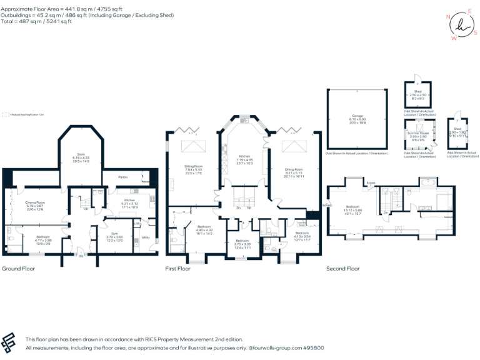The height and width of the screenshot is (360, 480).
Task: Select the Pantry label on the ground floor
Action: [x=122, y=177]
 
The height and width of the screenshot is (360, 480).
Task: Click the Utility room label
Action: [x=145, y=237]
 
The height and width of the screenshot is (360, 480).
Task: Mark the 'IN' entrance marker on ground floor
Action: [x=81, y=255]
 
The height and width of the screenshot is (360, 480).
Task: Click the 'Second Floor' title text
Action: [x=343, y=269]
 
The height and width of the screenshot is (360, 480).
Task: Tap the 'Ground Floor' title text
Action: [x=19, y=269]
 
